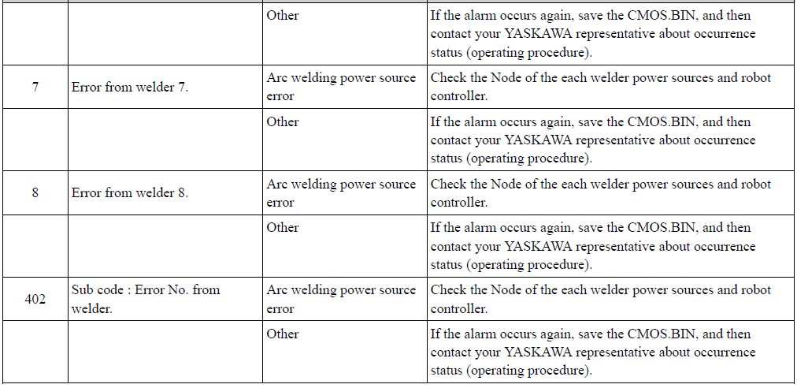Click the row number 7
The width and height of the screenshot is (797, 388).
click(x=35, y=87)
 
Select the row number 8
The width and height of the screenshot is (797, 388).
click(x=35, y=193)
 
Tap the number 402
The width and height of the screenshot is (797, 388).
click(x=35, y=299)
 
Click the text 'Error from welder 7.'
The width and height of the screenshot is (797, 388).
click(x=130, y=87)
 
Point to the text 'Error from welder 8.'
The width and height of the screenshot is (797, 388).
click(x=130, y=193)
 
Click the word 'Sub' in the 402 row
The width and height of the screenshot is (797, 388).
click(x=82, y=289)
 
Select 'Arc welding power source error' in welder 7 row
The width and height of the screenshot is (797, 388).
click(x=341, y=87)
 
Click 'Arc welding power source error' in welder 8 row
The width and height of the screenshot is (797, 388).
click(x=341, y=193)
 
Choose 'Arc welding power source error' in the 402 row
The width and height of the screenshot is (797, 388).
click(x=341, y=299)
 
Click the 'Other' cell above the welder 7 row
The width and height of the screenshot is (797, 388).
click(x=283, y=15)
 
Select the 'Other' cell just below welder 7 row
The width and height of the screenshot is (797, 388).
click(x=283, y=121)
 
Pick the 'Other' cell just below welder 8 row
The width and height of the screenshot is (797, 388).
click(x=283, y=227)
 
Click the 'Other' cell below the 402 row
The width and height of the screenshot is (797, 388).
click(x=283, y=334)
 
